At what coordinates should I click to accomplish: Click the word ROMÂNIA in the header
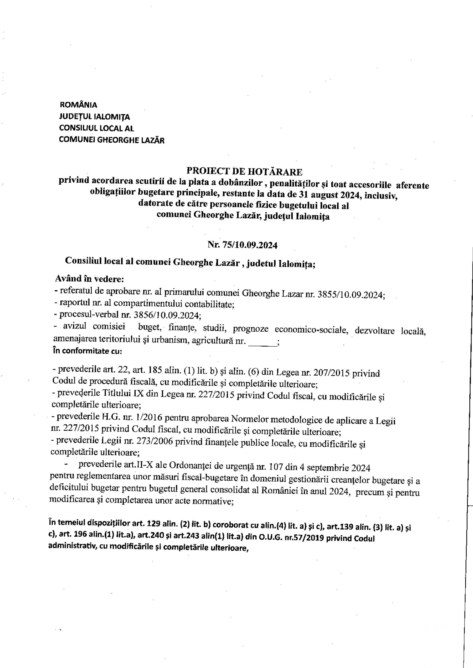[x=78, y=105]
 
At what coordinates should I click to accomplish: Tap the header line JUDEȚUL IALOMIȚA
[x=94, y=117]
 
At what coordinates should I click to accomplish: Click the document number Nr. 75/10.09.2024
[x=242, y=245]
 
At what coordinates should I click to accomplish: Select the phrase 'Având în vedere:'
[x=89, y=279]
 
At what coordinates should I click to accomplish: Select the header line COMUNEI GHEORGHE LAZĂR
[x=112, y=140]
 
